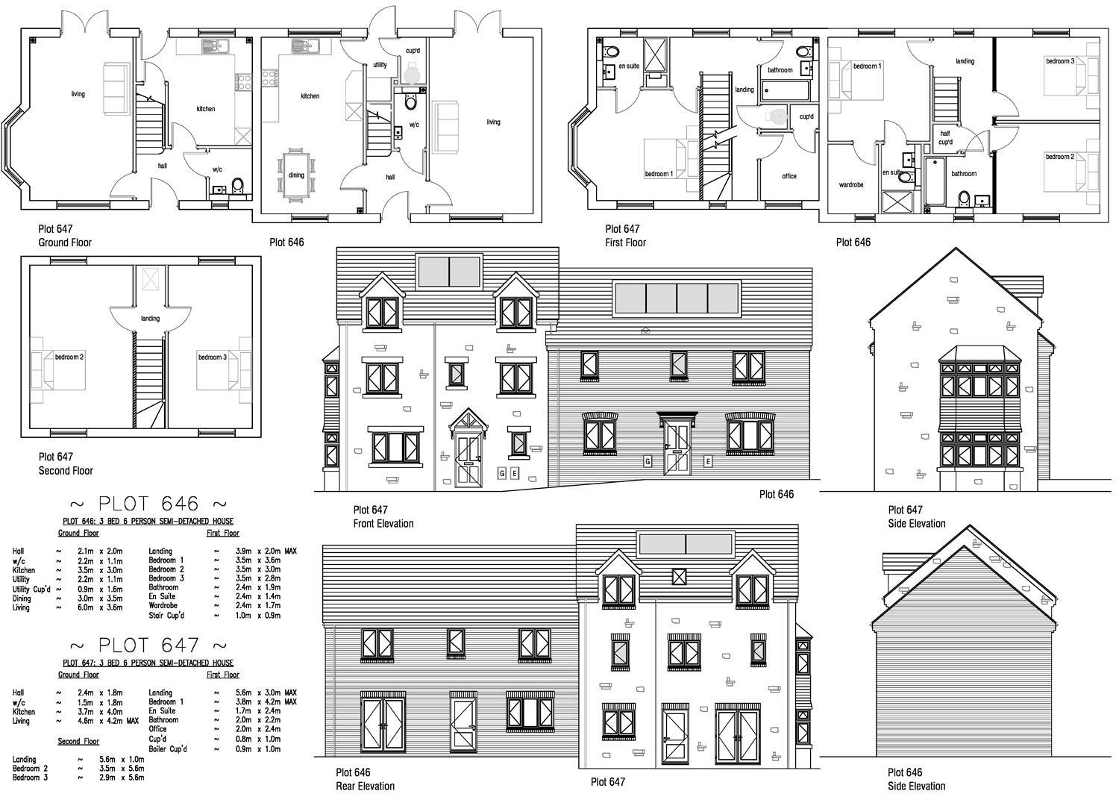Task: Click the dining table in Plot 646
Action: (x=296, y=175)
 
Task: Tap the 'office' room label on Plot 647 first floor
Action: (x=789, y=177)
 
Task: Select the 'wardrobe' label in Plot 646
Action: (x=851, y=184)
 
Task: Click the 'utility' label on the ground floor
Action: (x=380, y=65)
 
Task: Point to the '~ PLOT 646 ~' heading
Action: (x=148, y=504)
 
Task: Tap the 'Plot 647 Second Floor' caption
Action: (x=66, y=463)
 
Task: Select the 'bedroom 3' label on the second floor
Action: (x=212, y=357)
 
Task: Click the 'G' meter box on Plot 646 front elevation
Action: (x=648, y=461)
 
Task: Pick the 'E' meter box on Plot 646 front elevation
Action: (x=708, y=461)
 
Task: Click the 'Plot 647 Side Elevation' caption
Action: (x=917, y=516)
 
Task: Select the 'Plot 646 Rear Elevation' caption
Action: (x=365, y=779)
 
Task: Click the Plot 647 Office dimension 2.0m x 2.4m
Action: (x=254, y=729)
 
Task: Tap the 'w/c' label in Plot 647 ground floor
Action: (x=217, y=169)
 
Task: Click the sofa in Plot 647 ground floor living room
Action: (x=114, y=90)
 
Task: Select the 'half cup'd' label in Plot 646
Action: (x=945, y=137)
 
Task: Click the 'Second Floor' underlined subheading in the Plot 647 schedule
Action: (x=78, y=742)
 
